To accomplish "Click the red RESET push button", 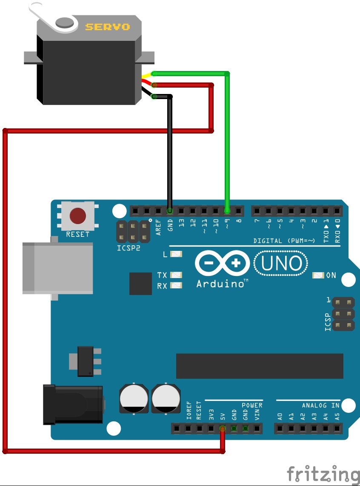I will (77, 216).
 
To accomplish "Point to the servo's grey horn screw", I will (65, 22).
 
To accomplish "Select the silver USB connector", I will (57, 268).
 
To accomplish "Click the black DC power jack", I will (73, 404).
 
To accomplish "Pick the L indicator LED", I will (176, 254).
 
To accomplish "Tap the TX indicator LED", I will (176, 275).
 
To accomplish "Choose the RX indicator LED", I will (176, 285).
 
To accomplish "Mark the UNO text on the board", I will (281, 264).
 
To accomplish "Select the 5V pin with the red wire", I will (222, 428).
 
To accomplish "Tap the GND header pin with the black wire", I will (170, 210).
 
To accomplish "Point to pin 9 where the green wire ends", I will (227, 210).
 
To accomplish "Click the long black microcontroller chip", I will (260, 366).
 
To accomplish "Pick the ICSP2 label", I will (129, 247).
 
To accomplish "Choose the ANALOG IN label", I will (321, 405).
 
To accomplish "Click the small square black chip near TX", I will (140, 284).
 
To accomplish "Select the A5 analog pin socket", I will (337, 428).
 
